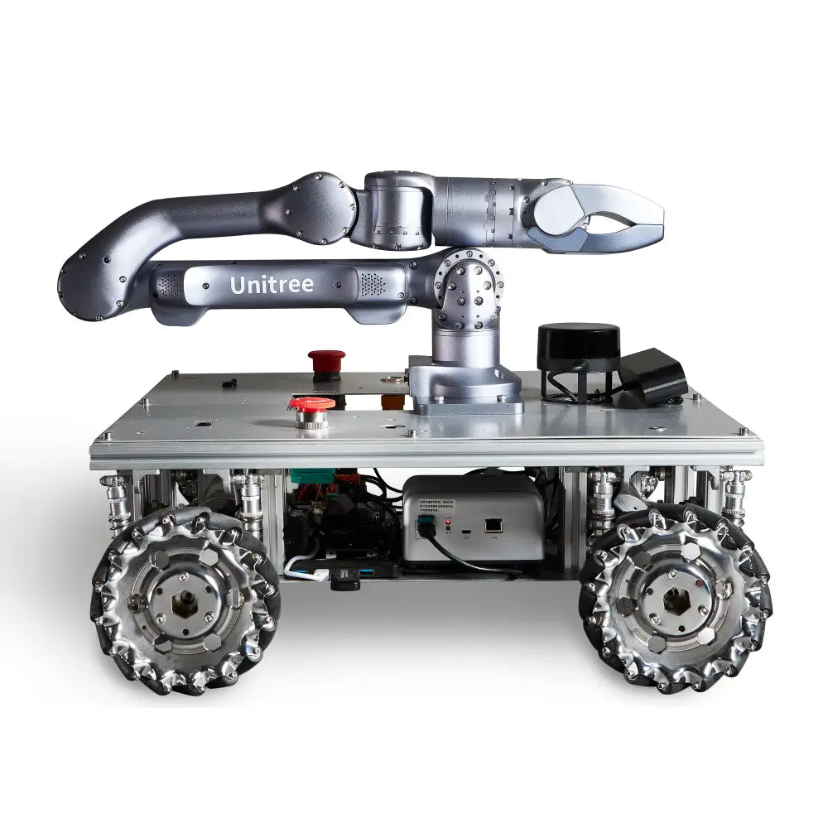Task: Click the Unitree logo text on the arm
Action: (272, 285)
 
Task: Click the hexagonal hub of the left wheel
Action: (184, 603)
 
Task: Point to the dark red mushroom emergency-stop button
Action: (326, 361)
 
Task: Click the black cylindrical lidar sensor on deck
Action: (578, 348)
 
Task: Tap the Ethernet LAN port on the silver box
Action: (493, 524)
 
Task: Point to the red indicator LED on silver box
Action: (448, 523)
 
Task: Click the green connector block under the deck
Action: (312, 477)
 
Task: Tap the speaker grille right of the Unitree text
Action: (373, 283)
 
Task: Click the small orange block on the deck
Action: (388, 402)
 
